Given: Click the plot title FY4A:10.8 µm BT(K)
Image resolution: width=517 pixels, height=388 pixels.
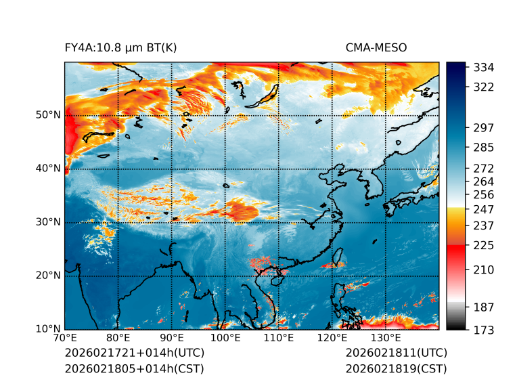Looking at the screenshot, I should pyautogui.click(x=120, y=47).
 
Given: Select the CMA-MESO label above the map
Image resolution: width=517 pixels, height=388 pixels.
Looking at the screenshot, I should pyautogui.click(x=376, y=47).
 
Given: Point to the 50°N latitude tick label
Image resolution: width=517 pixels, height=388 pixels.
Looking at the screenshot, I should pyautogui.click(x=49, y=115).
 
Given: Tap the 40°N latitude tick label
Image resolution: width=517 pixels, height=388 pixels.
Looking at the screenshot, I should pyautogui.click(x=49, y=169).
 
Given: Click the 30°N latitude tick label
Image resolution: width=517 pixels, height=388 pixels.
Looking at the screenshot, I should pyautogui.click(x=49, y=222).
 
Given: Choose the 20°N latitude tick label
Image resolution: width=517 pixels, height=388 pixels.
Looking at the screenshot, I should pyautogui.click(x=49, y=276).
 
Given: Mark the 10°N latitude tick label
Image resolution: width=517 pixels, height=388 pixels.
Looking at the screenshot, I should pyautogui.click(x=49, y=330).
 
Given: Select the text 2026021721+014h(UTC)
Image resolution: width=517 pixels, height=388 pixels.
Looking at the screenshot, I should pyautogui.click(x=134, y=353).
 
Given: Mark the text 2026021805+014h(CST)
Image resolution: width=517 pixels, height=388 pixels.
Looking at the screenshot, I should pyautogui.click(x=134, y=368).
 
